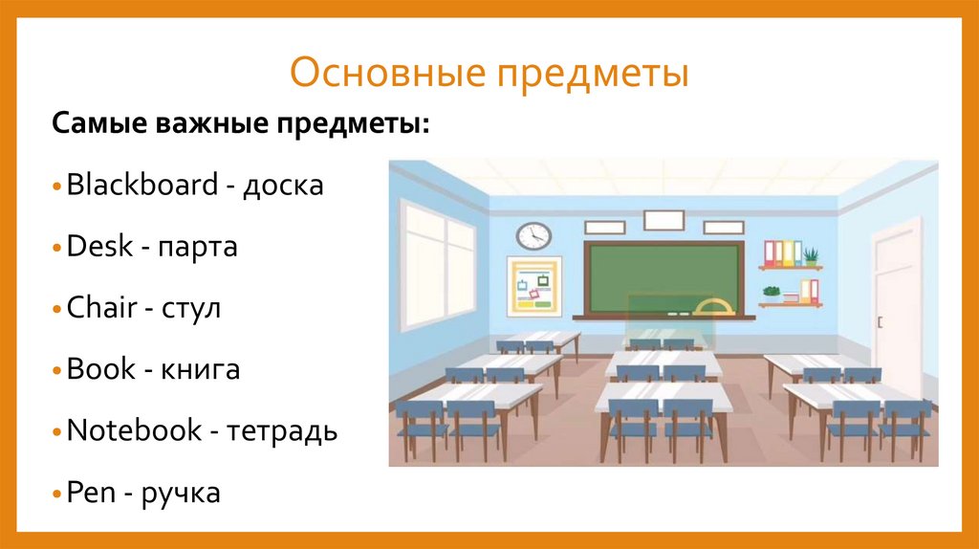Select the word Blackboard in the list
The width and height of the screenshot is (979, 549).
coord(142,186)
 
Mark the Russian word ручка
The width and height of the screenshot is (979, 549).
coord(181,494)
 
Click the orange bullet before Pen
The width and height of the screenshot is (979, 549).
coord(59,494)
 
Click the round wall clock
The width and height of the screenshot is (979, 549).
coord(533,234)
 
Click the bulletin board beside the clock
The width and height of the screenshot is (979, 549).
coord(534,286)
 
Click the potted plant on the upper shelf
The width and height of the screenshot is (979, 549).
coord(811,255)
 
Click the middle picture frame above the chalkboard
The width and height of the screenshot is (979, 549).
coord(664,221)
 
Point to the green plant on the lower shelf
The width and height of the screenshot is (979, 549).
coord(772,293)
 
